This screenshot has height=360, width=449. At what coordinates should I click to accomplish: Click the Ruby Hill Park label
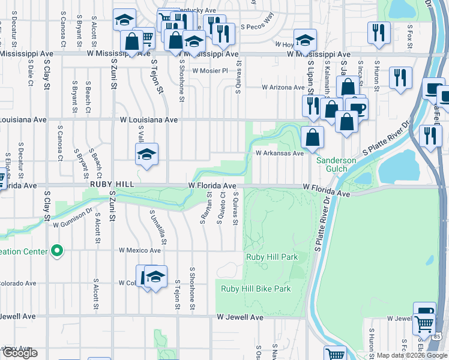pyautogui.click(x=272, y=257)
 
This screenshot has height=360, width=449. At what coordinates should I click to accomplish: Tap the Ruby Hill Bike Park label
pyautogui.click(x=256, y=289)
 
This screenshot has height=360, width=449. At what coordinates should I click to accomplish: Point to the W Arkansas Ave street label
pyautogui.click(x=280, y=153)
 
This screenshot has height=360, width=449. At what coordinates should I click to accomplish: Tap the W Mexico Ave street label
pyautogui.click(x=140, y=250)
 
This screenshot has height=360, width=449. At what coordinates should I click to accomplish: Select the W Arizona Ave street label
pyautogui.click(x=284, y=87)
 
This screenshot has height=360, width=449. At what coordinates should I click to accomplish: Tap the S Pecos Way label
pyautogui.click(x=257, y=28)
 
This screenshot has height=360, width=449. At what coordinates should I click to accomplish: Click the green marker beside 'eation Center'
pyautogui.click(x=57, y=251)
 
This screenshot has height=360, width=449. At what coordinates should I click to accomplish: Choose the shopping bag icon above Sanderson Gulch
pyautogui.click(x=313, y=137)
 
